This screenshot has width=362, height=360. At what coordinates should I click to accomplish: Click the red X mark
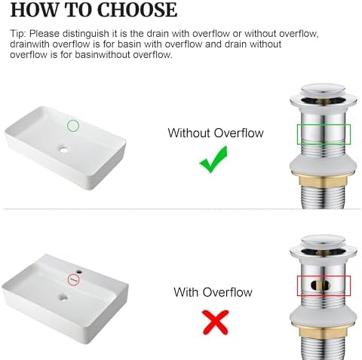click(216, 322)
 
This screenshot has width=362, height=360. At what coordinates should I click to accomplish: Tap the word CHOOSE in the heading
click(137, 10)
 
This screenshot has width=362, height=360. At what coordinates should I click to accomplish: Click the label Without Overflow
click(216, 133)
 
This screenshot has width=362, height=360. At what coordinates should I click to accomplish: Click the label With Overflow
click(213, 292)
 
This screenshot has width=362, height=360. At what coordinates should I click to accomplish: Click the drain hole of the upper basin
click(64, 150)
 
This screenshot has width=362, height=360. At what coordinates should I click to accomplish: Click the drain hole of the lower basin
click(63, 298)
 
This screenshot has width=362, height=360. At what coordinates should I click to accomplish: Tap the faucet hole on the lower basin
click(79, 272)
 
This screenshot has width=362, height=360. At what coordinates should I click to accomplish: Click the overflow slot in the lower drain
click(321, 285)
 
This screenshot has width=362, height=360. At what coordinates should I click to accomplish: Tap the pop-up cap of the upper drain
click(324, 90)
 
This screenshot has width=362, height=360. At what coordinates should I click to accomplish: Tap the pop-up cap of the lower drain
click(324, 242)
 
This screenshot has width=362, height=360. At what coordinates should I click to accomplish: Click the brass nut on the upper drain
click(324, 181)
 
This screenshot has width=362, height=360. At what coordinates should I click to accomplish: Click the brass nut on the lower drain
click(324, 332)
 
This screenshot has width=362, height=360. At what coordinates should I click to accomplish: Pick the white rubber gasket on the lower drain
click(324, 317)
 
